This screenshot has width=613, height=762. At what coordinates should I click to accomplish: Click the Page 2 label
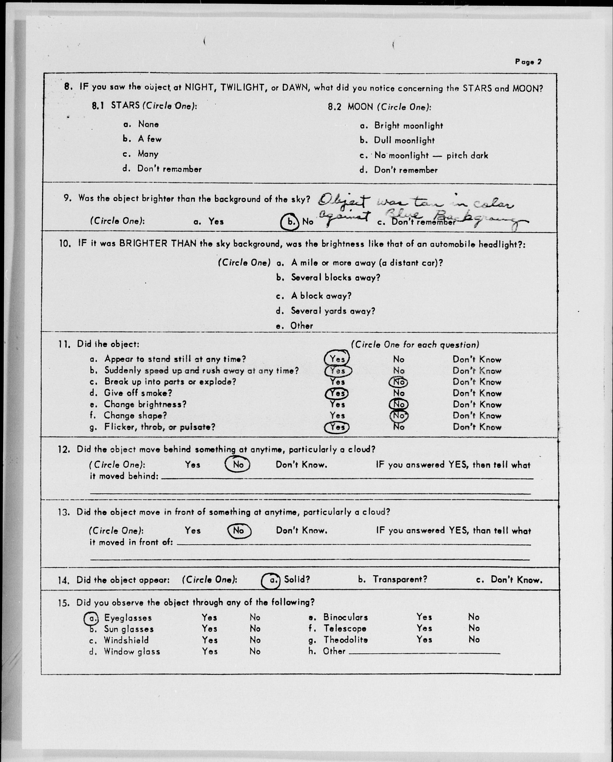pos(528,62)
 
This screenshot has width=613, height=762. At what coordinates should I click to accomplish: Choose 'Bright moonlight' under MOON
pos(408,126)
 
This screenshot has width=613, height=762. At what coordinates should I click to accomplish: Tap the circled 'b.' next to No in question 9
pos(290,222)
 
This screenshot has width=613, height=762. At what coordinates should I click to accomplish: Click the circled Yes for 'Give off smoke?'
pos(337,393)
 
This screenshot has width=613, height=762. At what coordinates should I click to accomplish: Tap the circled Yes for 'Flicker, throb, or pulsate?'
pos(337,427)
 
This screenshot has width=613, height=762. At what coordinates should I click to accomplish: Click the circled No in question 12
pos(238,464)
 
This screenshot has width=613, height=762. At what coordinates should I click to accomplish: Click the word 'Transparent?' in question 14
pos(400,579)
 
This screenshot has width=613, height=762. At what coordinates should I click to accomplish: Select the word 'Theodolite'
pos(345,640)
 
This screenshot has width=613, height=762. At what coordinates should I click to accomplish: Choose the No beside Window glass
pos(255,651)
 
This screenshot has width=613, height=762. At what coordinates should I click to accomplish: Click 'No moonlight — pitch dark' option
pos(431,155)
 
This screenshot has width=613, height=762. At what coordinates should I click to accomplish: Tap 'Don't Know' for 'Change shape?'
pos(477,416)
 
